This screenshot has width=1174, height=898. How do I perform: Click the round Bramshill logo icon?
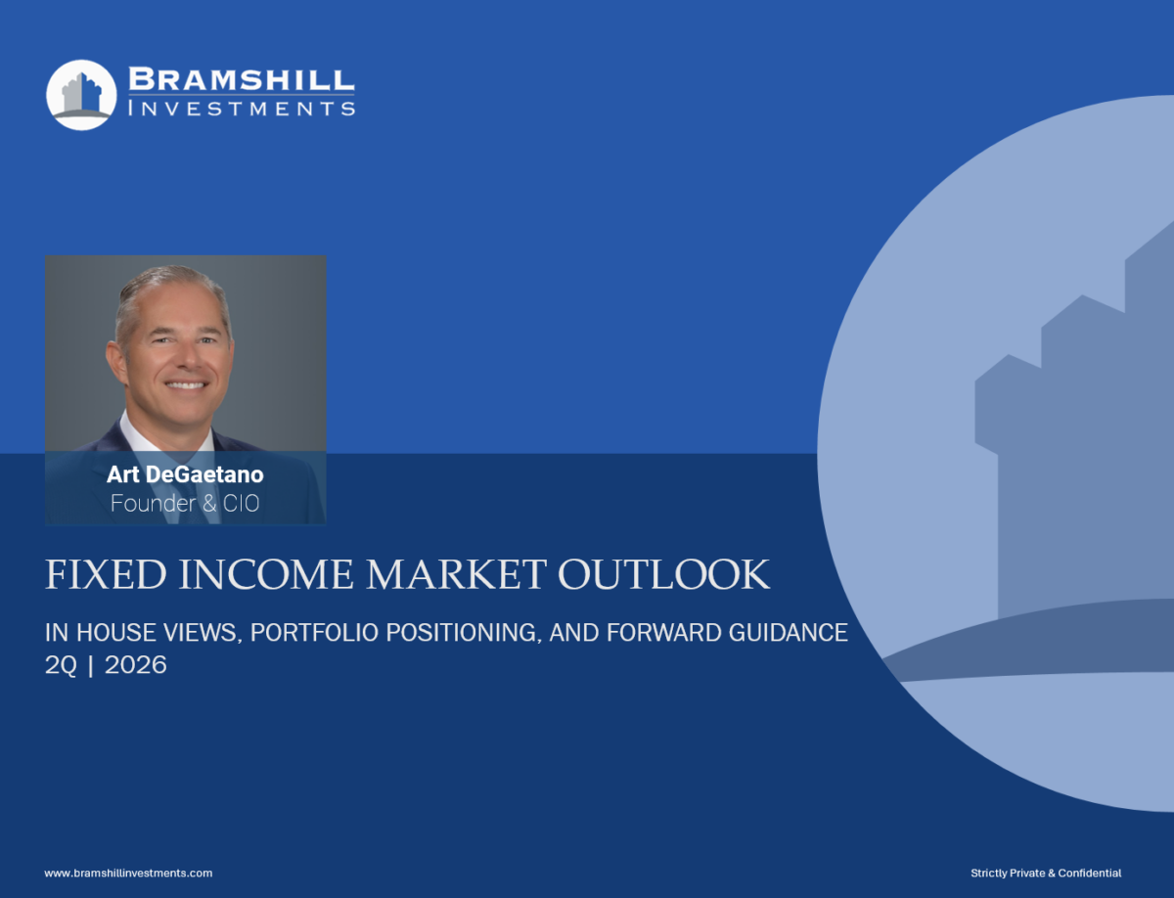point(81,95)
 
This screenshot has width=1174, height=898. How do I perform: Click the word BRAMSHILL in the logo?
point(242,79)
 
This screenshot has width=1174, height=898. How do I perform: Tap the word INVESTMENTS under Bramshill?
point(242,109)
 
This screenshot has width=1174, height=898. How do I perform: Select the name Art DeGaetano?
point(185,474)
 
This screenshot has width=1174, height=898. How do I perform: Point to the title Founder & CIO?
point(185,503)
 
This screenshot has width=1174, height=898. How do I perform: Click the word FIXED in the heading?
point(106,574)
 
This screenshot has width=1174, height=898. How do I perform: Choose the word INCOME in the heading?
point(266,574)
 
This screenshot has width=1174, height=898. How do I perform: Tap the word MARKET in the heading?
point(456,574)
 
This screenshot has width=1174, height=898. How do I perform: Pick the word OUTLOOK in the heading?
point(663,574)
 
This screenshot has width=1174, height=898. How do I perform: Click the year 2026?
point(136,665)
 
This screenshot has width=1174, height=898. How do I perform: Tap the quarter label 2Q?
point(61,665)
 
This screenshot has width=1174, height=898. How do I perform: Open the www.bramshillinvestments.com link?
point(128,873)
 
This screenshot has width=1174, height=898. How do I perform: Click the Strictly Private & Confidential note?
point(1046,873)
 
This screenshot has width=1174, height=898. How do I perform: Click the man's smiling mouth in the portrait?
point(185,384)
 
